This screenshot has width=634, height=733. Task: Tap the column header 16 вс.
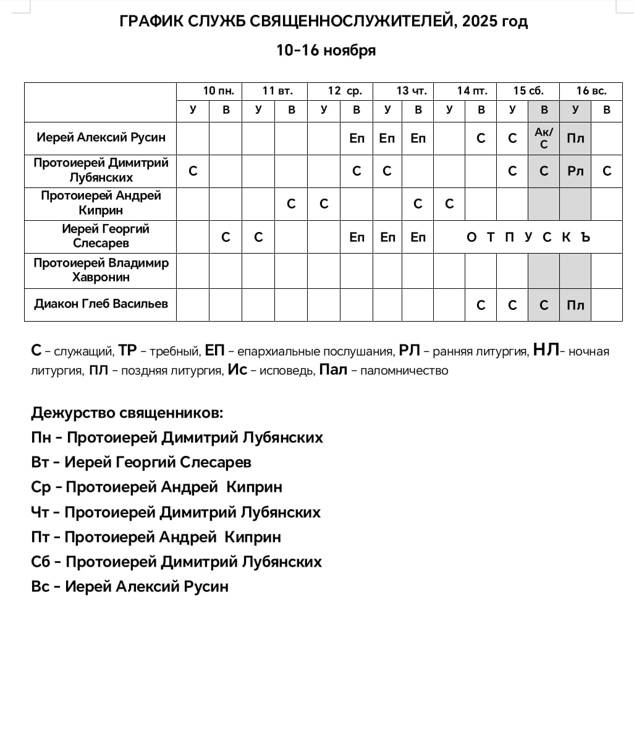pyautogui.click(x=591, y=91)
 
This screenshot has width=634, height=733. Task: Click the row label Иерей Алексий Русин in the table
pyautogui.click(x=101, y=138)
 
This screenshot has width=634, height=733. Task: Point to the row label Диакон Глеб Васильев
pyautogui.click(x=101, y=304)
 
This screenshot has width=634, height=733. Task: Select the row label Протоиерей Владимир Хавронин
pyautogui.click(x=101, y=270)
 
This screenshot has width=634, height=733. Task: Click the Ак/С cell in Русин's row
pyautogui.click(x=544, y=138)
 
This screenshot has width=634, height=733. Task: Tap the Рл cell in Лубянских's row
pyautogui.click(x=575, y=171)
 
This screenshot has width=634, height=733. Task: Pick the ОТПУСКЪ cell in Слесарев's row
pyautogui.click(x=528, y=238)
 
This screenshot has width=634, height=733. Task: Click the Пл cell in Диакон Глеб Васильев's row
pyautogui.click(x=575, y=305)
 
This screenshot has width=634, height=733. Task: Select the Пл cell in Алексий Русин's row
pyautogui.click(x=575, y=139)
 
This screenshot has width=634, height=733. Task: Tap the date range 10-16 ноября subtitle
pyautogui.click(x=326, y=51)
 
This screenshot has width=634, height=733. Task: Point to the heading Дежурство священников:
pyautogui.click(x=127, y=413)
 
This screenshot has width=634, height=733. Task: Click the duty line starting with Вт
pyautogui.click(x=142, y=463)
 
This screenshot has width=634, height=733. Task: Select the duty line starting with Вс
pyautogui.click(x=130, y=586)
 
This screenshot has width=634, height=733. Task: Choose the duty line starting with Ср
pyautogui.click(x=156, y=487)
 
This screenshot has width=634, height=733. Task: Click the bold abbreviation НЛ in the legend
pyautogui.click(x=546, y=351)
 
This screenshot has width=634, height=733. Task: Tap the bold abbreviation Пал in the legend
pyautogui.click(x=332, y=370)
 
